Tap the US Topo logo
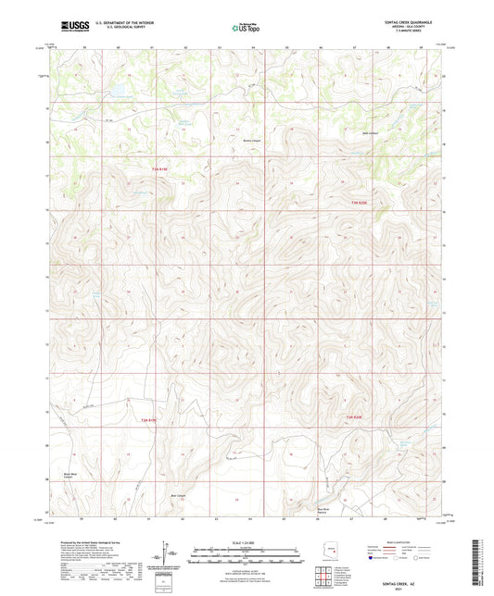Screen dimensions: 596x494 [246, 28]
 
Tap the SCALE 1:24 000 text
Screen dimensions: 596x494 [246, 541]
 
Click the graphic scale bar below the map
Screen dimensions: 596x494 [246, 557]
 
